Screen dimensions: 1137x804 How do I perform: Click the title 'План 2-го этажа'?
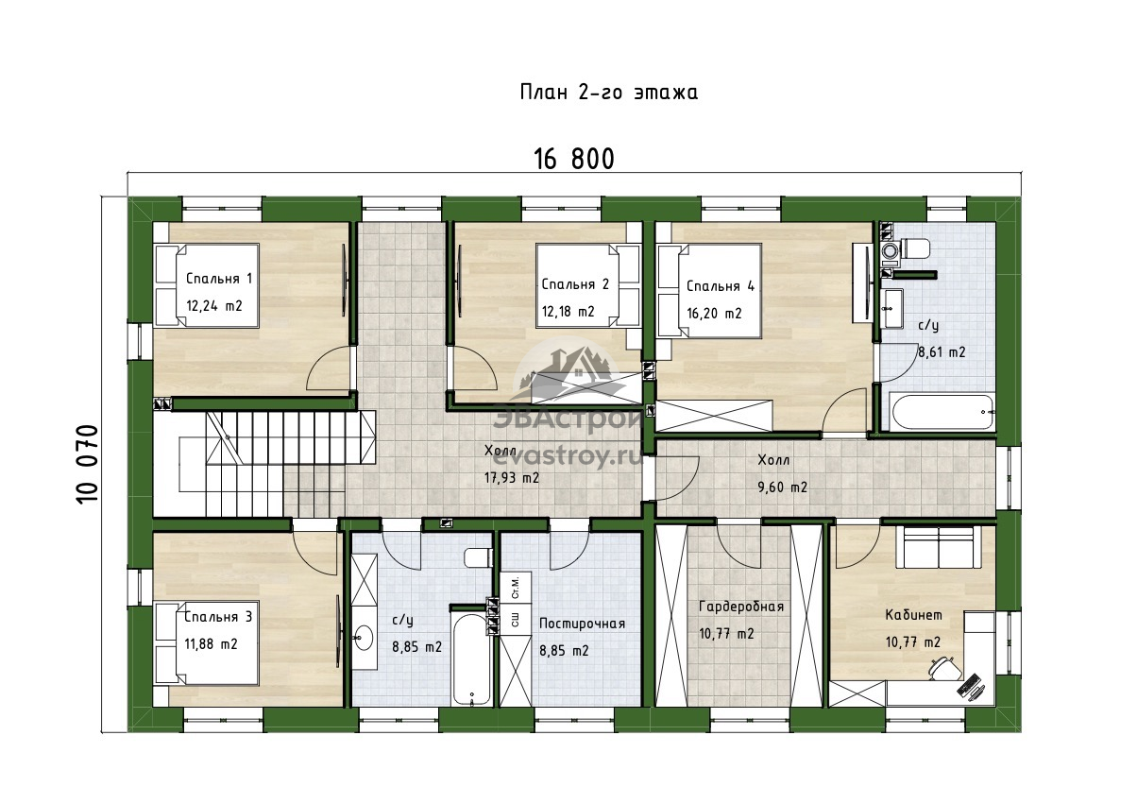tap(608, 93)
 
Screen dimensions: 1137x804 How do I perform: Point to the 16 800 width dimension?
tap(574, 159)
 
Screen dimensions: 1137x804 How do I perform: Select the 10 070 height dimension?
tap(87, 464)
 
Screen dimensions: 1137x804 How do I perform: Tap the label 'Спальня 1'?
tap(219, 279)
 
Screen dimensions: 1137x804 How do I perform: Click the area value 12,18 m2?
tap(568, 312)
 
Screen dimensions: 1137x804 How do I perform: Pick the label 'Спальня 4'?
tap(721, 286)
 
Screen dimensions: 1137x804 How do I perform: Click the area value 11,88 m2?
tap(211, 644)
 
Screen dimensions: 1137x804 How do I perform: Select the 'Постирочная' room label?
tap(583, 624)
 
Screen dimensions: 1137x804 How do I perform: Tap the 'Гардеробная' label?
tap(741, 607)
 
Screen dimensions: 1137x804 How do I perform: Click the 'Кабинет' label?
tap(914, 615)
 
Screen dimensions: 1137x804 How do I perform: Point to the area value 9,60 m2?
tap(782, 488)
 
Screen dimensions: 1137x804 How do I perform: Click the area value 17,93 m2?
tap(512, 478)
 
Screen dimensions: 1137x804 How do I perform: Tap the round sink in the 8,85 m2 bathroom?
tap(364, 637)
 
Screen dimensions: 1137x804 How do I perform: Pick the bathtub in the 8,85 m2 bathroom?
tap(471, 660)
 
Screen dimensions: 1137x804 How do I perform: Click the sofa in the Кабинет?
tap(939, 548)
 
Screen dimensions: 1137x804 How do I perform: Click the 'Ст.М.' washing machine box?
tap(516, 587)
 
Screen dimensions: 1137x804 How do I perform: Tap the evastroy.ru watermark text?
tap(568, 458)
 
